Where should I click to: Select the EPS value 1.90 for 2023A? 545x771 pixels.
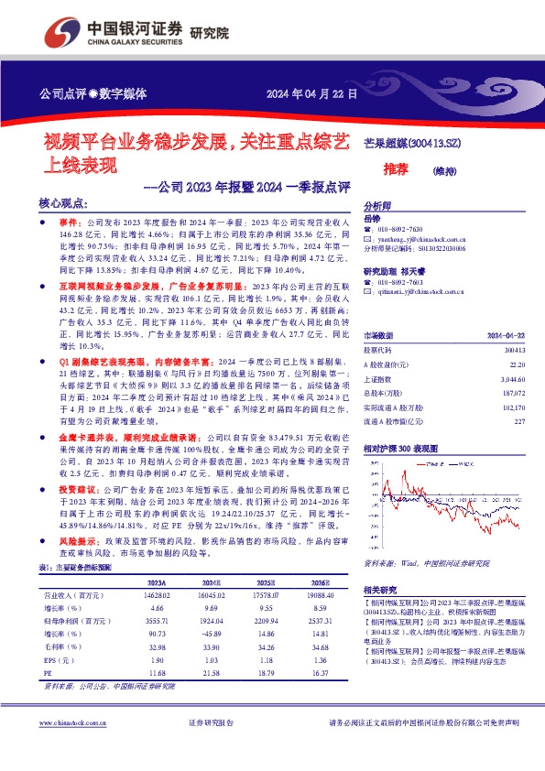[x=156, y=660]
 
